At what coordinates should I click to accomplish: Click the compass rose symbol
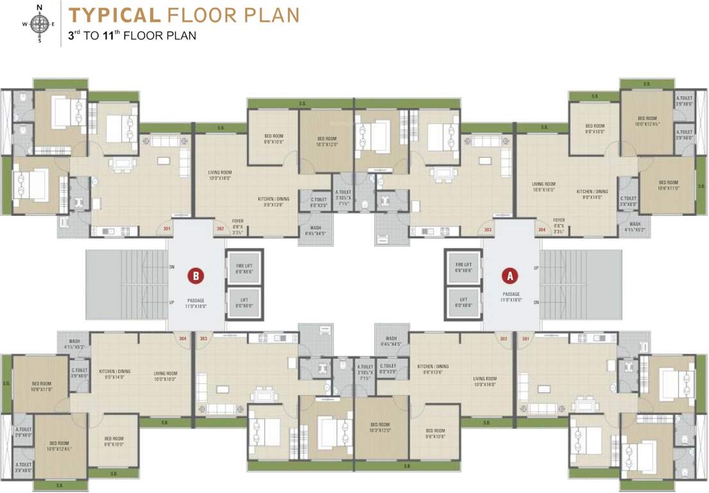(x=39, y=24)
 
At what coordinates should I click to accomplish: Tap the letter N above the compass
(x=39, y=8)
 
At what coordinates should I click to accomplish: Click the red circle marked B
(x=196, y=276)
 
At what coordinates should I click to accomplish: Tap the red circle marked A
(x=511, y=276)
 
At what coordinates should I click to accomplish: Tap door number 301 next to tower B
(x=167, y=228)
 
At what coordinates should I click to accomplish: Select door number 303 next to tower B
(x=204, y=338)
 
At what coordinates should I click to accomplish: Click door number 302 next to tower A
(x=503, y=338)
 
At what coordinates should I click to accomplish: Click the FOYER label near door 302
(x=237, y=221)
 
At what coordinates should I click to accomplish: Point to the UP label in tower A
(x=536, y=268)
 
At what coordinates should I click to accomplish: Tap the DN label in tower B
(x=172, y=266)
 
